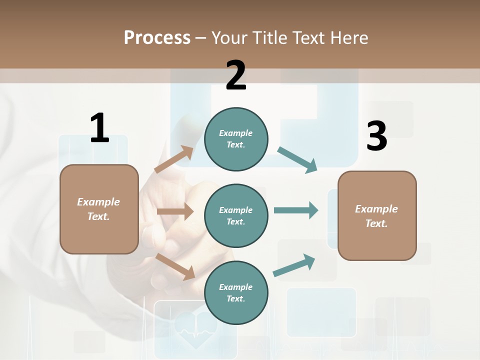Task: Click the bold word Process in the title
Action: tap(157, 37)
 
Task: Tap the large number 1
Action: tap(99, 128)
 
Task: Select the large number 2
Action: tap(236, 76)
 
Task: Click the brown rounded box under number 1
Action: tap(99, 209)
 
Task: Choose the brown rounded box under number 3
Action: tap(377, 216)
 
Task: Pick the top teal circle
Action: tap(236, 139)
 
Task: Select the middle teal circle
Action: tap(236, 215)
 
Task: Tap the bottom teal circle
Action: tap(236, 292)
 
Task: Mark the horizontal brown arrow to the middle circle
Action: tap(175, 211)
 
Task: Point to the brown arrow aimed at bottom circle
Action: tap(175, 266)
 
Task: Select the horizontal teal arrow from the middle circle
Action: tap(295, 210)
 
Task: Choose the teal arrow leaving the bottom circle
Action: tap(294, 265)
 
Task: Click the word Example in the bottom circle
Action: tap(235, 287)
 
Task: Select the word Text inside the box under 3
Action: tap(376, 223)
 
